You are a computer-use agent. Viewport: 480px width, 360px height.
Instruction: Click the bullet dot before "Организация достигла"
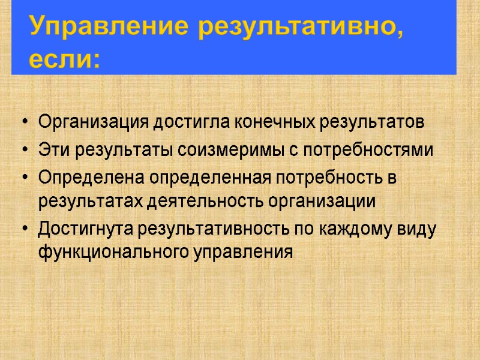23,123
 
